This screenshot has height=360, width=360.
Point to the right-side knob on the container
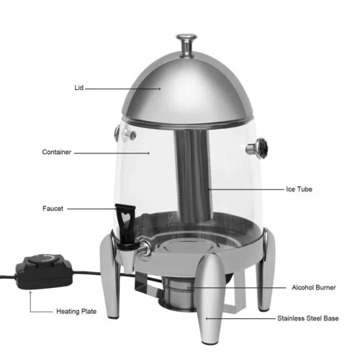(257, 149)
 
